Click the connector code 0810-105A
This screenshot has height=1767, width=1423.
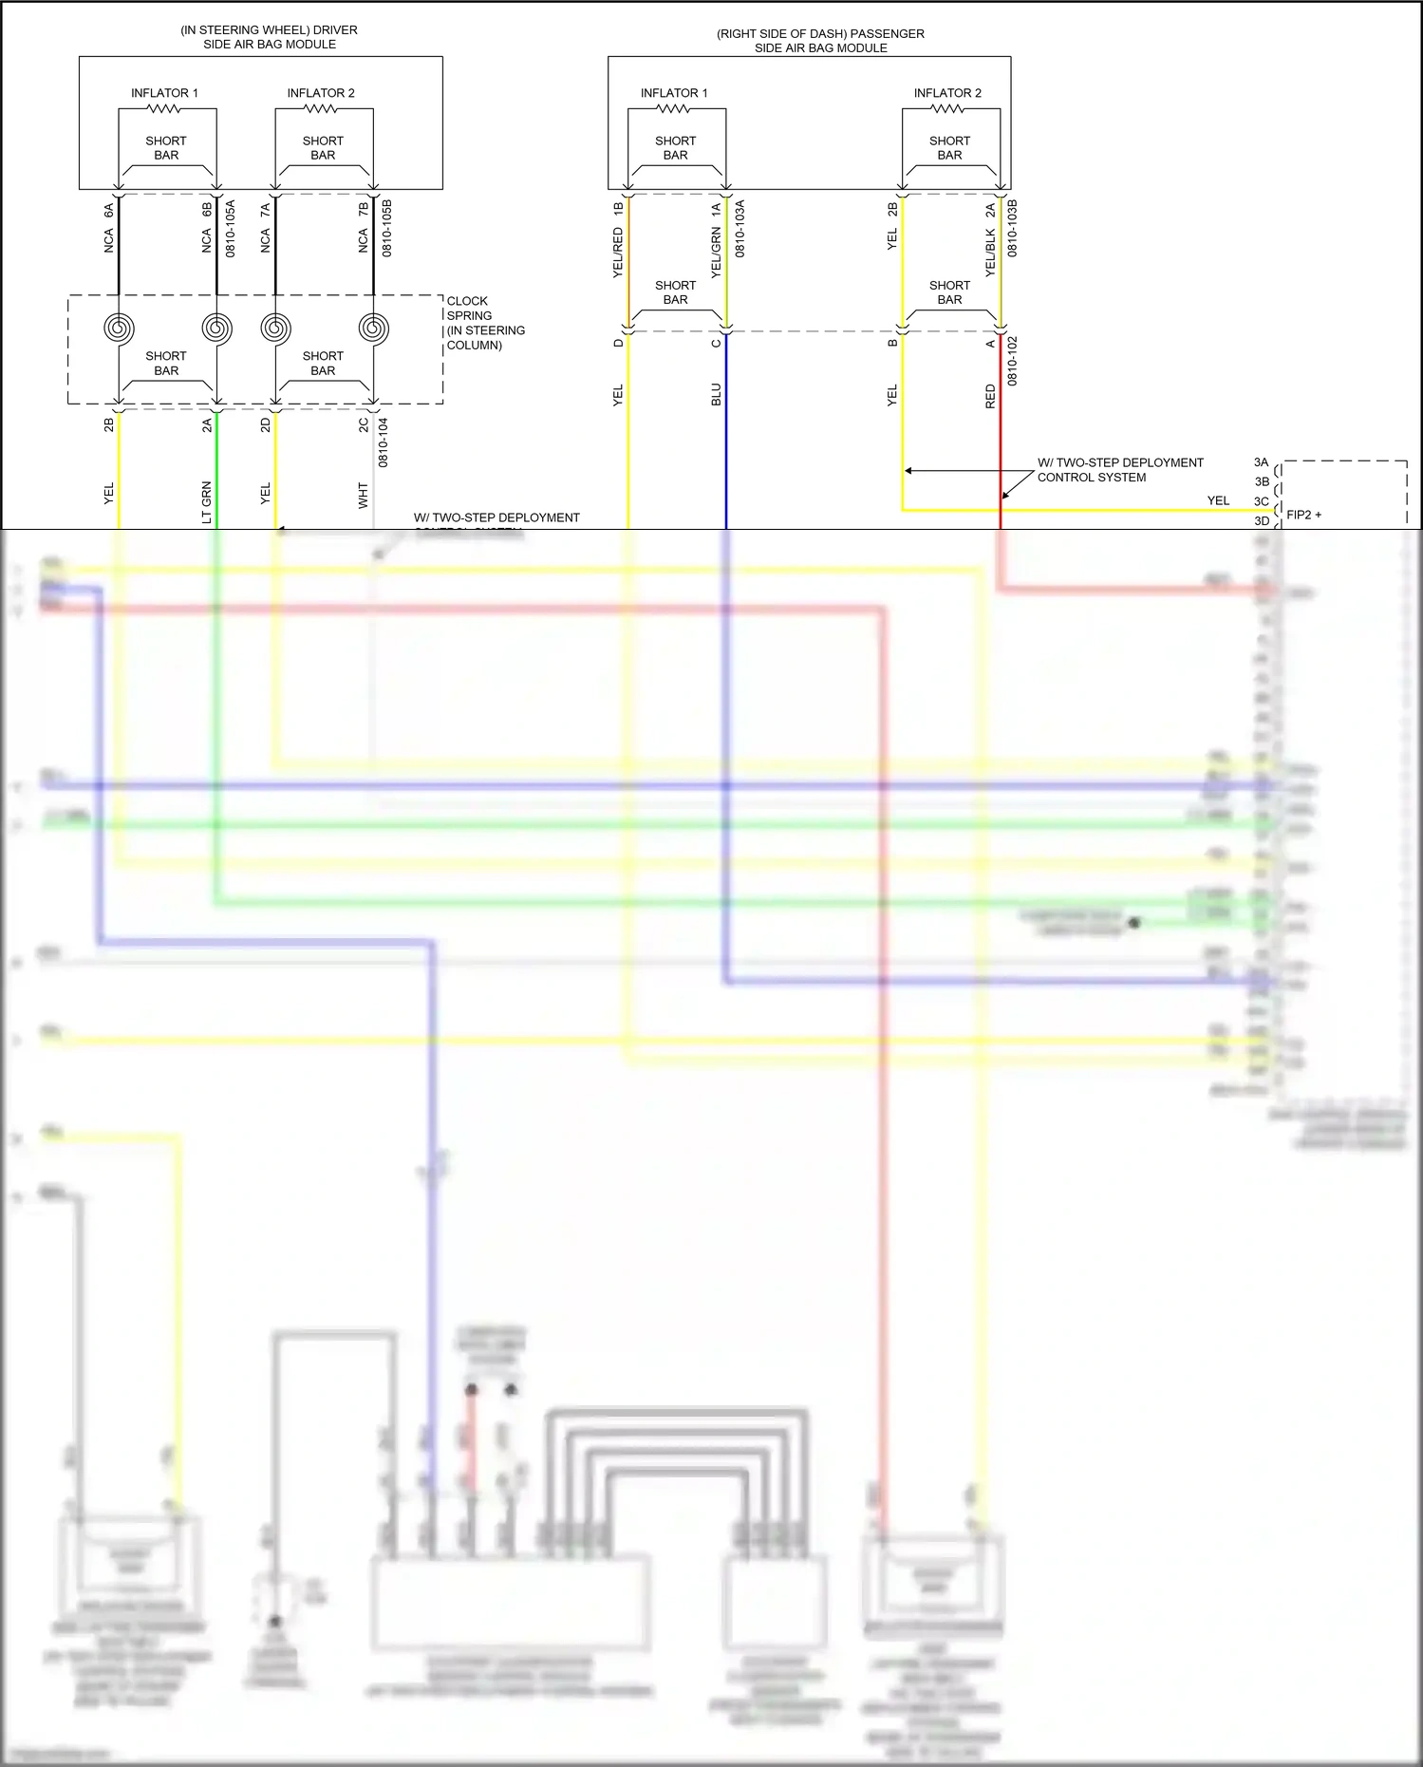[x=230, y=228]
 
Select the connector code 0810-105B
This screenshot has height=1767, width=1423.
[x=386, y=228]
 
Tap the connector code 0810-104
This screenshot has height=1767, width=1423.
[x=384, y=442]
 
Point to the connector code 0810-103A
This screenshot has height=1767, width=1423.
[x=740, y=228]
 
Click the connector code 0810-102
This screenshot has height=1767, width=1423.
[x=1012, y=360]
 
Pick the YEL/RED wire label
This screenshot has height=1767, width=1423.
[x=618, y=253]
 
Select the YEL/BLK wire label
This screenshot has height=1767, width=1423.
[x=990, y=253]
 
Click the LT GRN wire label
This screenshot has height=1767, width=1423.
[x=206, y=502]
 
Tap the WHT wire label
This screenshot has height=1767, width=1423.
[x=363, y=495]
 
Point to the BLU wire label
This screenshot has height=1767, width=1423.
[x=716, y=395]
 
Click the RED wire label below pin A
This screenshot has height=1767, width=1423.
[x=990, y=397]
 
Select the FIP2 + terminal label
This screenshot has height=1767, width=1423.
[x=1303, y=515]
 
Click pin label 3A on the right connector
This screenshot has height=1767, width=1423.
[x=1261, y=462]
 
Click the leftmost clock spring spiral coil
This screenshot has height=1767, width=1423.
[x=119, y=329]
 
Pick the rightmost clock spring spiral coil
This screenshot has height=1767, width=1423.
[x=373, y=329]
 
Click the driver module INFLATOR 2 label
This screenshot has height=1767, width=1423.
[x=321, y=93]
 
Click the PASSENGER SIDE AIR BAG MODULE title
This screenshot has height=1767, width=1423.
[x=820, y=41]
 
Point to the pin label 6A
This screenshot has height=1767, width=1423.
[x=108, y=210]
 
